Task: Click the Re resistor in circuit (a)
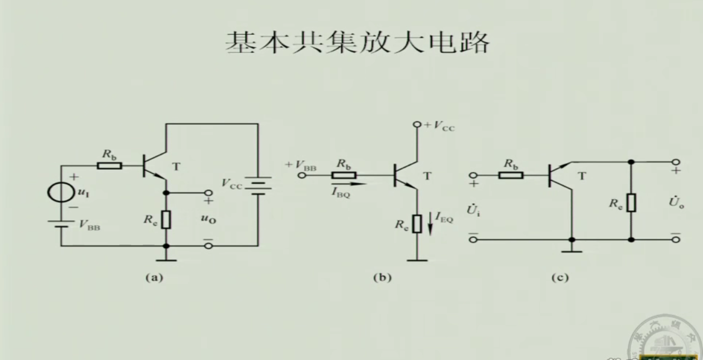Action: coord(166,219)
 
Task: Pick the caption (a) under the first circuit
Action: coord(154,278)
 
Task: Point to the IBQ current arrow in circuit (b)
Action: coord(349,184)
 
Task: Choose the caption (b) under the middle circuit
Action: coord(381,278)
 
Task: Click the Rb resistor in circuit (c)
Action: coord(511,175)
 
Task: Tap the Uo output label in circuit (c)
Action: coord(676,203)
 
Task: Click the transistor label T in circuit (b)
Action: coord(427,176)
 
